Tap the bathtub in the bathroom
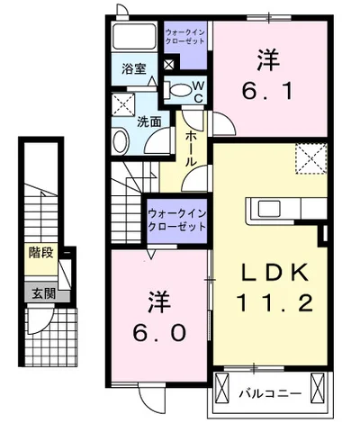pyautogui.click(x=134, y=38)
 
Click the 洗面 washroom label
pyautogui.click(x=149, y=121)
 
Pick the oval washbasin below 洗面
pyautogui.click(x=121, y=139)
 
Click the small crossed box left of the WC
pyautogui.click(x=168, y=65)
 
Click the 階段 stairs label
pyautogui.click(x=40, y=254)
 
